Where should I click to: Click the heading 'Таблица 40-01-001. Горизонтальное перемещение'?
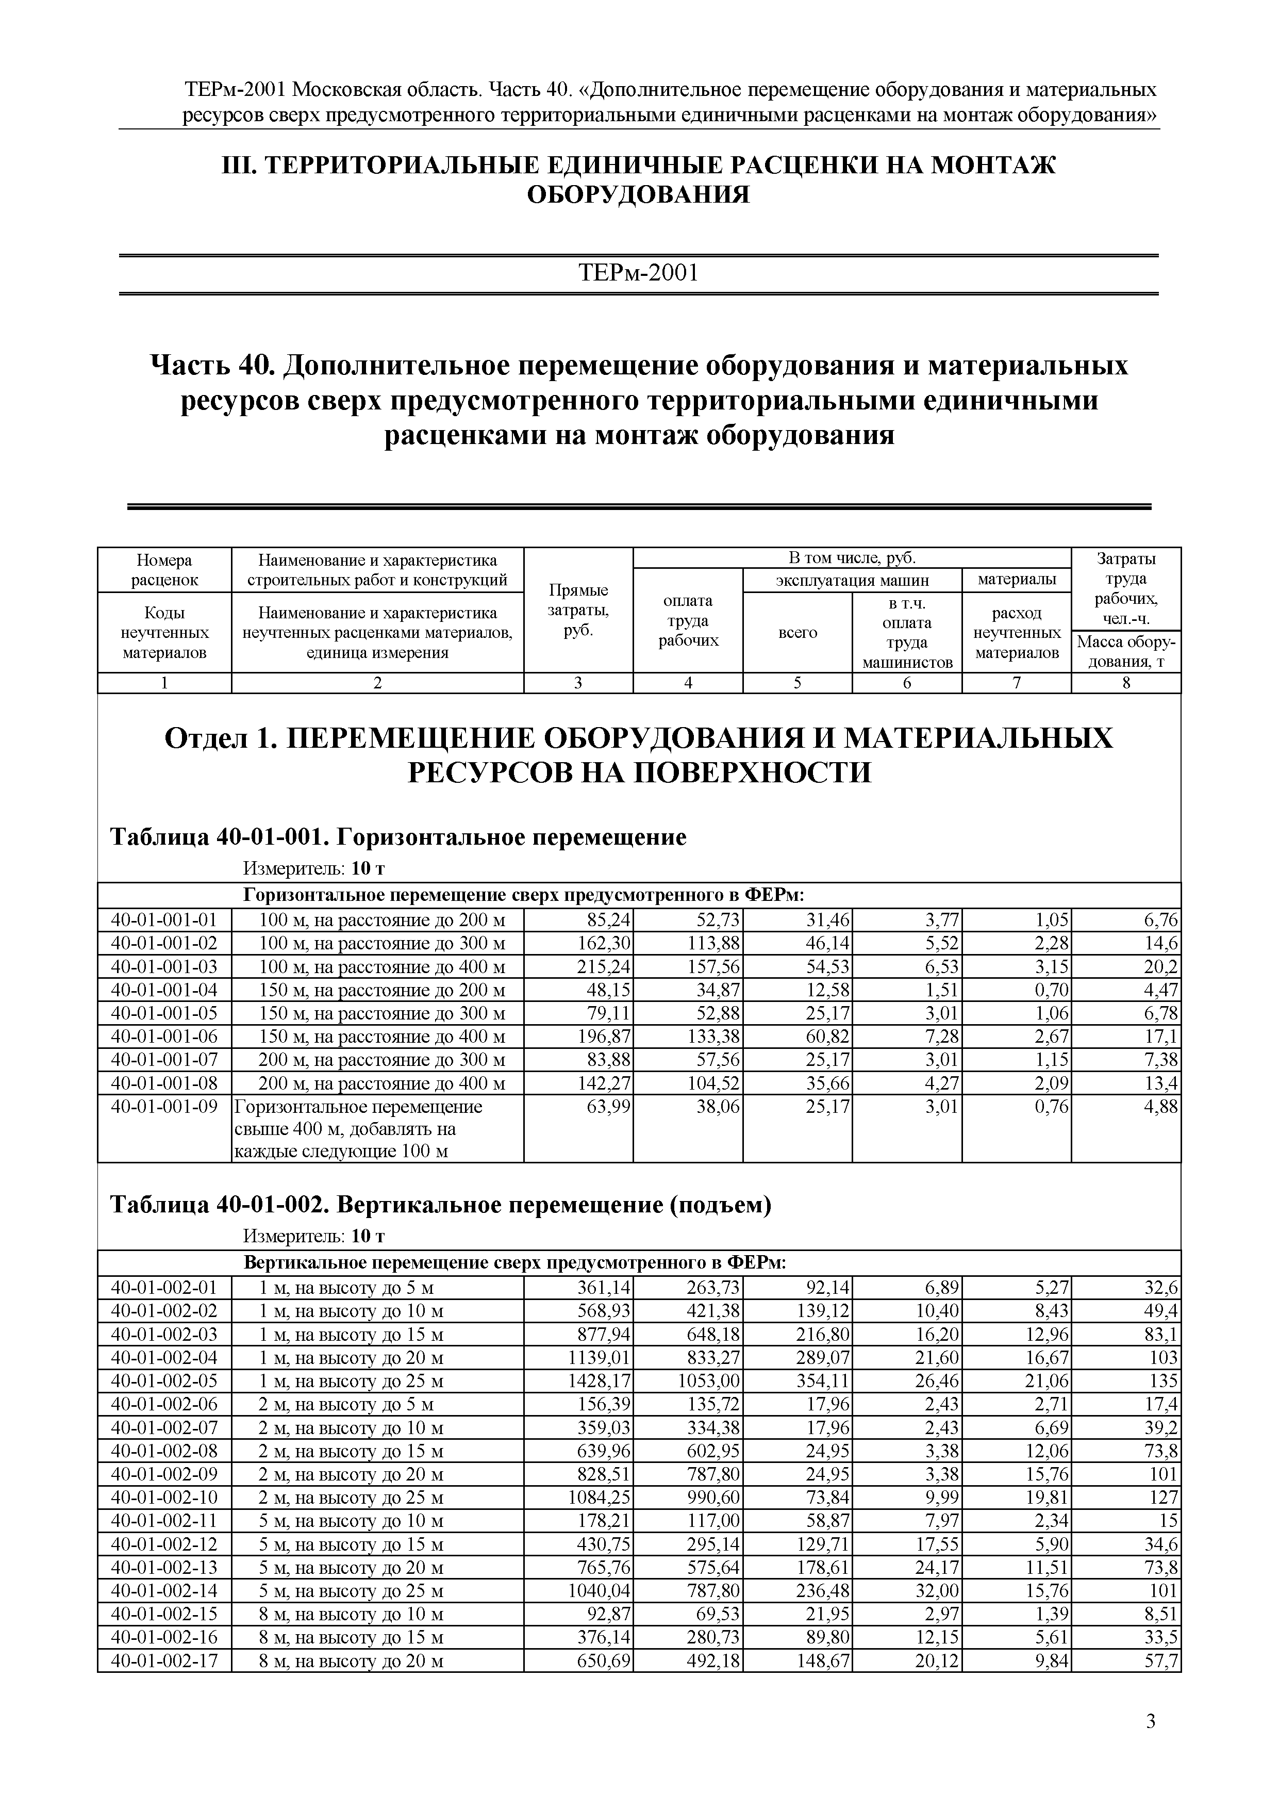coord(397,837)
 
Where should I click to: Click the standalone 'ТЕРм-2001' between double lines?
coord(639,273)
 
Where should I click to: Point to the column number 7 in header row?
coord(1016,683)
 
